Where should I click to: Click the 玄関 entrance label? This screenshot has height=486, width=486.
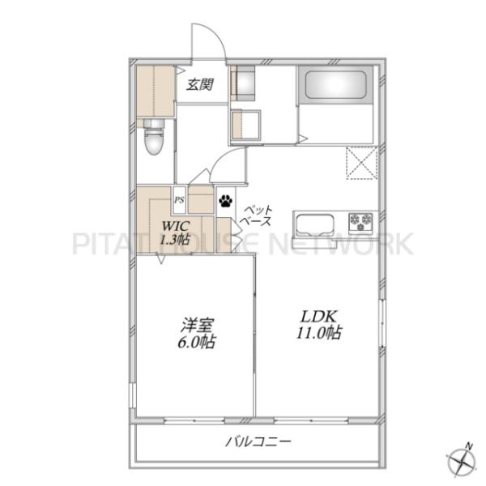(x=200, y=84)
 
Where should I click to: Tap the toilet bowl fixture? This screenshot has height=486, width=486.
(x=153, y=138)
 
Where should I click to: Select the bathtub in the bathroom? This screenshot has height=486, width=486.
(x=335, y=85)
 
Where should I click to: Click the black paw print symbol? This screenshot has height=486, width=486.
(x=225, y=200)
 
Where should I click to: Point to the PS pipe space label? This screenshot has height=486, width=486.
(x=179, y=200)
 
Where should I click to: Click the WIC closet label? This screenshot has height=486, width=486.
(x=175, y=226)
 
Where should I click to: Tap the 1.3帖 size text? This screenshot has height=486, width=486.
(x=174, y=239)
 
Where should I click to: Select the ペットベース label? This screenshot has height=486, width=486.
(x=257, y=215)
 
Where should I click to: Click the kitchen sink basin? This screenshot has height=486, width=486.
(x=313, y=224)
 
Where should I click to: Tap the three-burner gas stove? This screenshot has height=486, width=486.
(x=360, y=223)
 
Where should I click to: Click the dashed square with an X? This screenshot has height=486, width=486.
(x=362, y=163)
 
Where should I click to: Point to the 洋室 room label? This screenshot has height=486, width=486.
(x=197, y=326)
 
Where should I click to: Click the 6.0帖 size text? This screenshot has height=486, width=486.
(x=197, y=342)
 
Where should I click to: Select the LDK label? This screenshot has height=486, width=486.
(x=319, y=317)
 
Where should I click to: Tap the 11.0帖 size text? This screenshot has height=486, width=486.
(x=319, y=333)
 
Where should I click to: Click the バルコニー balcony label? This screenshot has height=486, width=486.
(x=258, y=441)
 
